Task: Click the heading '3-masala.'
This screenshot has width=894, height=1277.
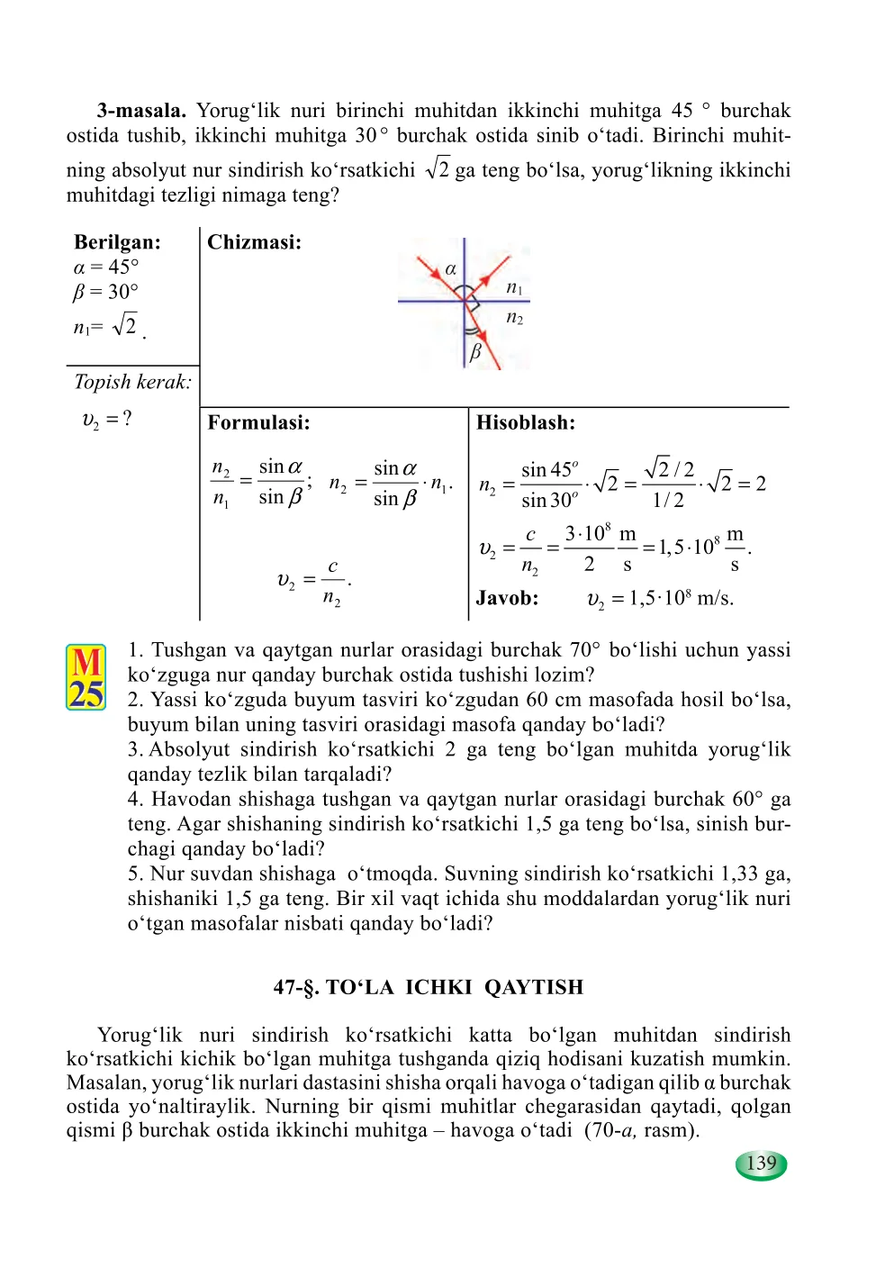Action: (x=141, y=111)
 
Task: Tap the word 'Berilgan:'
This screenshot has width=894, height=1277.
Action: (x=117, y=242)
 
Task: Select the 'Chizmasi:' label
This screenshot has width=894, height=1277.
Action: (x=254, y=242)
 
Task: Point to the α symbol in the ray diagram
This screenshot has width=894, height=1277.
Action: (x=451, y=268)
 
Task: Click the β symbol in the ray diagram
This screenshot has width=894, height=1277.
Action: (x=476, y=351)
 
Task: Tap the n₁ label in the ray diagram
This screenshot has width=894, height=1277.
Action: (x=514, y=287)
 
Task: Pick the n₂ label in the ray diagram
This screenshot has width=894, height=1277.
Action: (x=514, y=317)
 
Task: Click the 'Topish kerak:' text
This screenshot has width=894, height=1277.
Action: (x=132, y=382)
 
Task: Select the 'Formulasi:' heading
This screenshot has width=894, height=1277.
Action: (x=258, y=422)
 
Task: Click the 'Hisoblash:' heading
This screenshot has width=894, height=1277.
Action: (x=525, y=422)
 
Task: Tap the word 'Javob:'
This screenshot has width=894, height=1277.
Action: (x=507, y=598)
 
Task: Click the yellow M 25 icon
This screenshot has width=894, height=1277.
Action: (x=86, y=677)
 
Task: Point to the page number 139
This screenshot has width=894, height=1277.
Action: (x=762, y=1164)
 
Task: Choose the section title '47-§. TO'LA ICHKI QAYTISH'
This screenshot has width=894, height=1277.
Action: (x=429, y=987)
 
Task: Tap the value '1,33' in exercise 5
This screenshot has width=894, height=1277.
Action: (x=739, y=874)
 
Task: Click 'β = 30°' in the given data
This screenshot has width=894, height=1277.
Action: (x=106, y=292)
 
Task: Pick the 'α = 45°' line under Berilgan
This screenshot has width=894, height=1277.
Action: (x=106, y=267)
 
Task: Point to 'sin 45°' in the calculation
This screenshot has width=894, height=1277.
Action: (x=549, y=470)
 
